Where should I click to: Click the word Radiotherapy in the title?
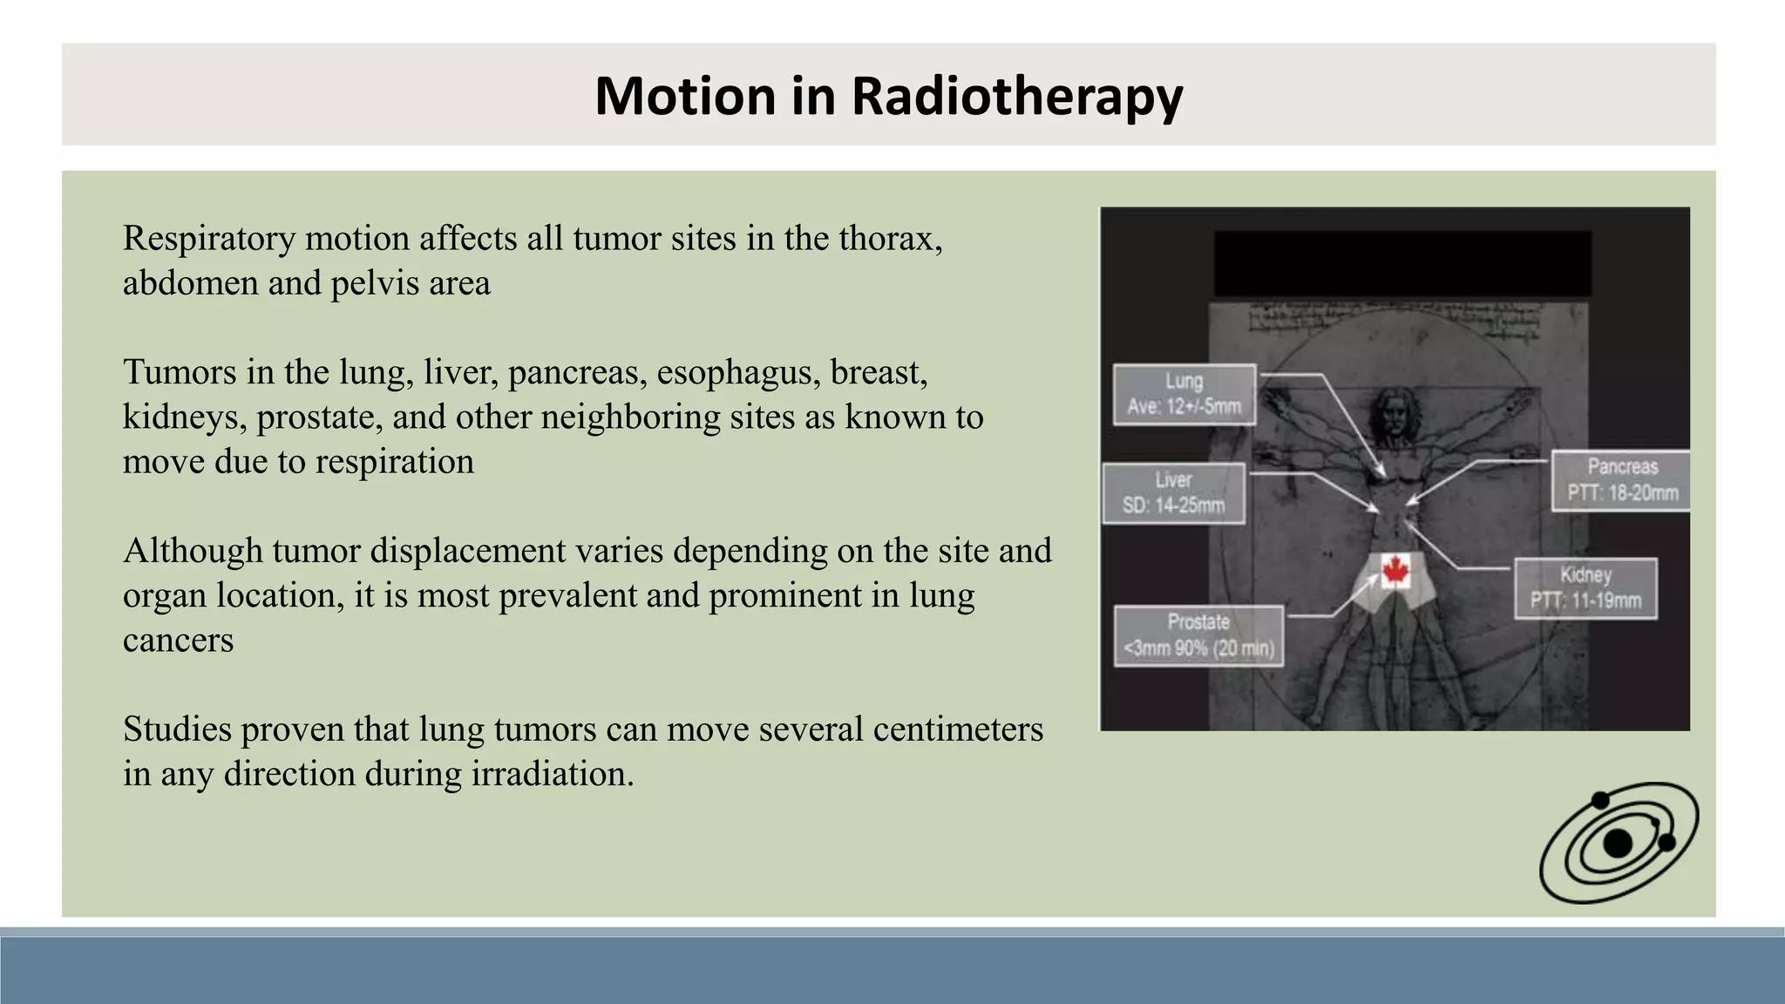pos(1016,95)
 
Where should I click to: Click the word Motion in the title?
pos(684,95)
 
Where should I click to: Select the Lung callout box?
pos(1184,394)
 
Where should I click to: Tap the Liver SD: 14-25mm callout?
pos(1173,492)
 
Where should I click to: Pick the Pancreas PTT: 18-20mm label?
pos(1621,479)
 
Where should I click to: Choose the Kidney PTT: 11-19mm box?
pos(1585,588)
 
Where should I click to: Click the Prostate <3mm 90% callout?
pos(1198,635)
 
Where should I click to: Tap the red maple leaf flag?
pos(1396,571)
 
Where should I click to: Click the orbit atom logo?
pos(1619,842)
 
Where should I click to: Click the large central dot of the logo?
pos(1618,844)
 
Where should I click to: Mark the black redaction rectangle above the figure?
pos(1402,263)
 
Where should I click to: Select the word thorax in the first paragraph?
pos(889,239)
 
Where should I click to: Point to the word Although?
pos(193,551)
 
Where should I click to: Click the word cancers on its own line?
pos(178,641)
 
